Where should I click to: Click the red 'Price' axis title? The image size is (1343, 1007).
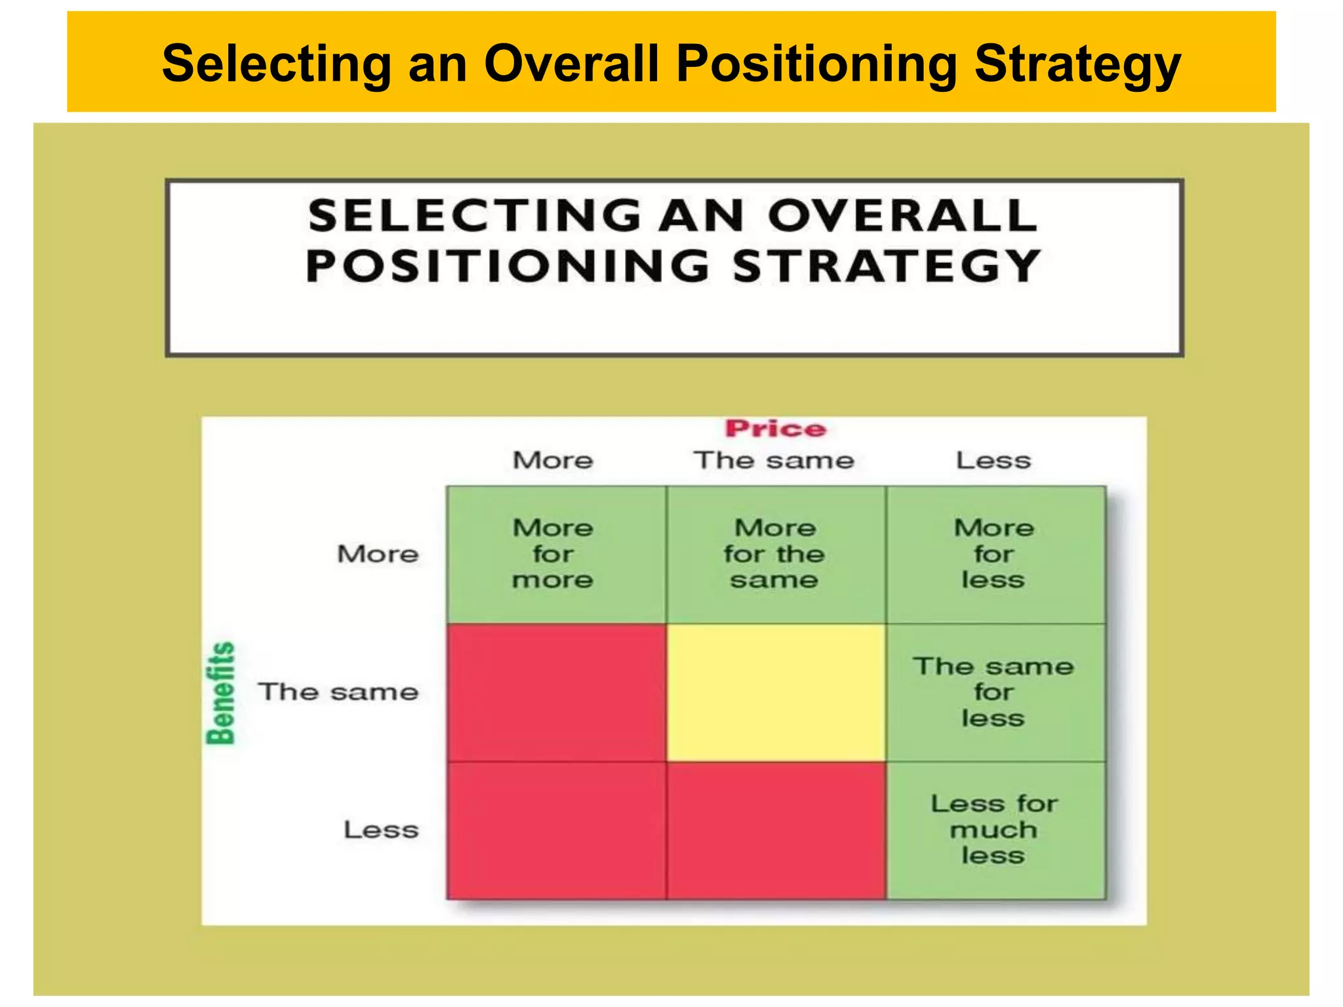[775, 429]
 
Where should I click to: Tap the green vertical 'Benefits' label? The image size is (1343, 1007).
[221, 693]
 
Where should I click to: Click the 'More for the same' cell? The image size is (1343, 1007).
[775, 554]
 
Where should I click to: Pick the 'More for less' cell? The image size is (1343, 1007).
[994, 554]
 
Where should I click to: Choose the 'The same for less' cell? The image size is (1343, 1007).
[994, 692]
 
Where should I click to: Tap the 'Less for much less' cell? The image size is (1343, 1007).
[994, 830]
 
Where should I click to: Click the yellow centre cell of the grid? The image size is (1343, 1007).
[775, 692]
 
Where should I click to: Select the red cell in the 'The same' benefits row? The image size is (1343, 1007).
[556, 692]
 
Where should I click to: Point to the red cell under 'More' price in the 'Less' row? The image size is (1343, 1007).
[556, 830]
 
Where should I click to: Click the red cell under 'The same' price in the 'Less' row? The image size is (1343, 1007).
[775, 830]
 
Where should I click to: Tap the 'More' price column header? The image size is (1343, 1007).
[553, 460]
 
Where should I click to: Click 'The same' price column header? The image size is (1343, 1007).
[774, 460]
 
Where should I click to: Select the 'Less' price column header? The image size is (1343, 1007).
[993, 460]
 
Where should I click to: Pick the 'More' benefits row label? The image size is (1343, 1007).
[378, 554]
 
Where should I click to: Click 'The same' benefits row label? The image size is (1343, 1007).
[338, 692]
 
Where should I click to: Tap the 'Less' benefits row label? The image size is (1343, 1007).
[381, 830]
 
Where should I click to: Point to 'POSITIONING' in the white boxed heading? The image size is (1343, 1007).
[508, 266]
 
